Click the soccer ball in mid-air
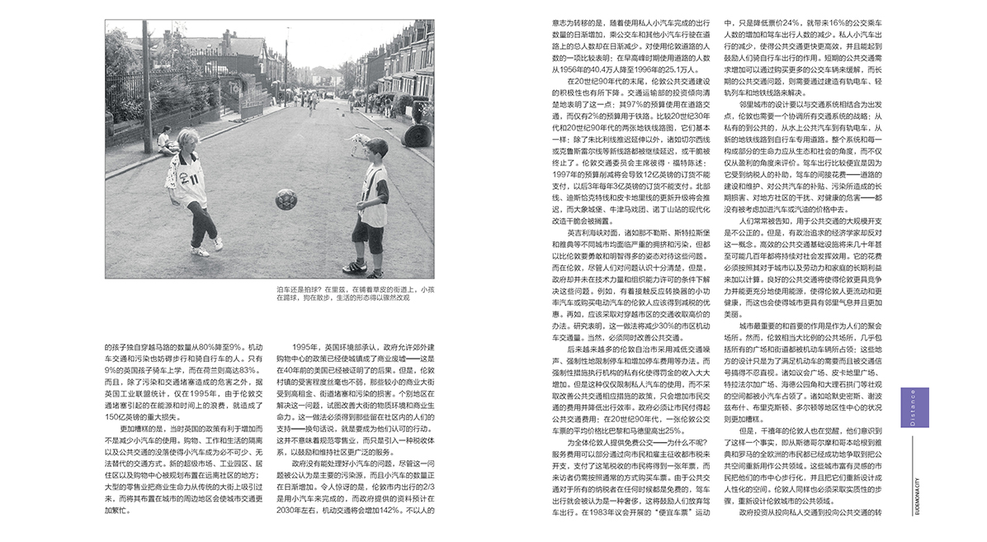[x=286, y=198]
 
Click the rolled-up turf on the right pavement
[x=418, y=135]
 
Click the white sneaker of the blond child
[x=217, y=243]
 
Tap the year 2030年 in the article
[x=288, y=511]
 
